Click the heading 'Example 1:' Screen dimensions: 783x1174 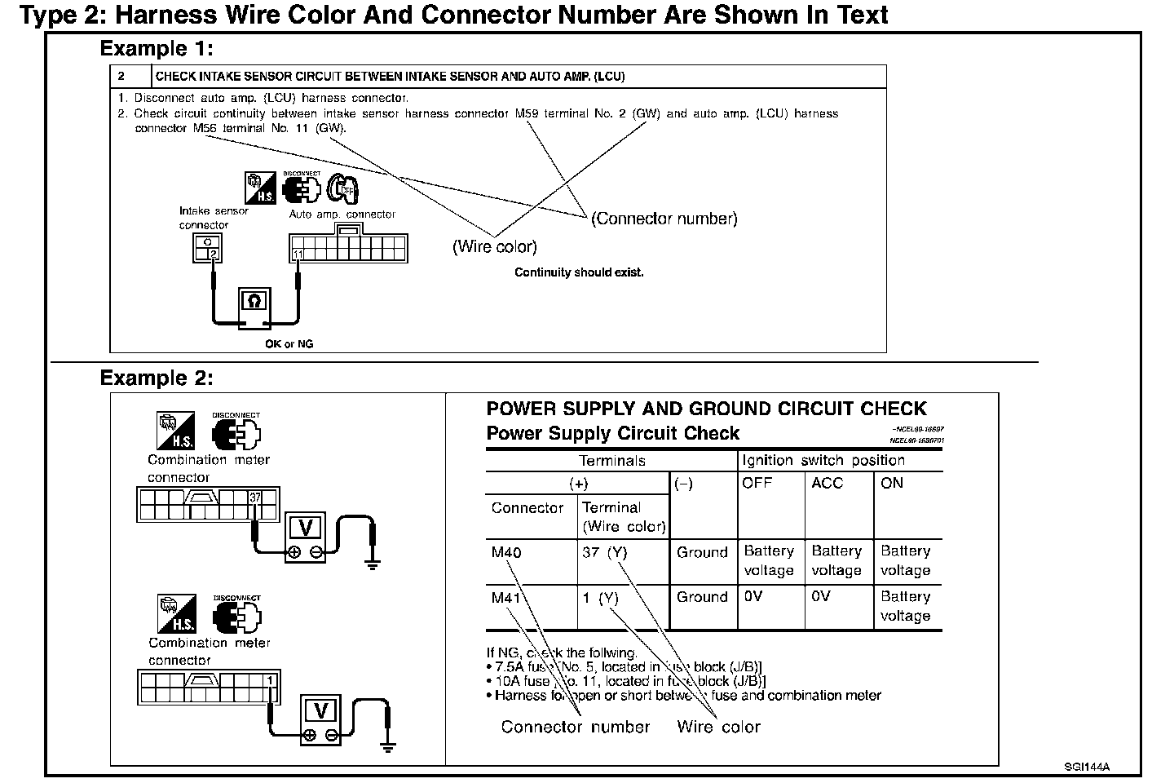pos(157,49)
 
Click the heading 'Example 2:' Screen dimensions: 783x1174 pos(157,378)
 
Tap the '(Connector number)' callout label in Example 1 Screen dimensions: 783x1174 pos(664,219)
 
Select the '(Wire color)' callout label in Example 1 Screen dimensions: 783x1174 pos(495,246)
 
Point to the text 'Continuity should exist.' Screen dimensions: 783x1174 pos(579,272)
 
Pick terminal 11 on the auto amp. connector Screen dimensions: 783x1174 pos(298,254)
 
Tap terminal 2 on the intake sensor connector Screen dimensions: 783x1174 pos(213,254)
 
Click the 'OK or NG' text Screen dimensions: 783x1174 pos(289,344)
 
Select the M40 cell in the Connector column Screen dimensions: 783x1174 pos(506,553)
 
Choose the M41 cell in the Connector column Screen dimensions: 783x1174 pos(506,598)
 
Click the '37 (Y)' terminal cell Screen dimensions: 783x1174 pos(605,553)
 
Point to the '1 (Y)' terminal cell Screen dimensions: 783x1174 pos(601,598)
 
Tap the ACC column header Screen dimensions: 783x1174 pos(827,483)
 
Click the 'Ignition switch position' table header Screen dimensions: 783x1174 pos(823,460)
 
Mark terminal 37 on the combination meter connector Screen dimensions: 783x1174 pos(255,498)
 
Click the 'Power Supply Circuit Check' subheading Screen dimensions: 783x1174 pos(612,433)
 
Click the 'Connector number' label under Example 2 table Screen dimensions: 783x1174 pos(576,727)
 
